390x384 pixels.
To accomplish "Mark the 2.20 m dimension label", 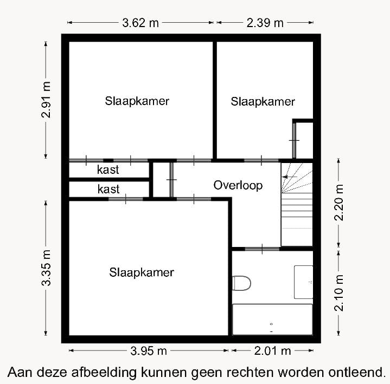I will pyautogui.click(x=340, y=202).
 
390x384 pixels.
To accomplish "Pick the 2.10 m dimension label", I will pyautogui.click(x=340, y=292).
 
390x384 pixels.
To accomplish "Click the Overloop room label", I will pyautogui.click(x=238, y=185).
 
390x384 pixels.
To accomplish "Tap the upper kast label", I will pyautogui.click(x=108, y=170).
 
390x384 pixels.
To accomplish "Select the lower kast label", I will pyautogui.click(x=108, y=190).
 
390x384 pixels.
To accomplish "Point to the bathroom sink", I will pyautogui.click(x=303, y=282).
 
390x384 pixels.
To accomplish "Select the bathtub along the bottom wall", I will pyautogui.click(x=272, y=320).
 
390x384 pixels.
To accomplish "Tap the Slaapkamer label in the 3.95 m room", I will pyautogui.click(x=141, y=272).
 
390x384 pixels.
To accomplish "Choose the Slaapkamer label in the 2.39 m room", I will pyautogui.click(x=263, y=101).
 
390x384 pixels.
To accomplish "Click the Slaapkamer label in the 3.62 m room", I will pyautogui.click(x=137, y=101).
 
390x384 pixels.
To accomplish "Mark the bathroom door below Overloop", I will pyautogui.click(x=262, y=249).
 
